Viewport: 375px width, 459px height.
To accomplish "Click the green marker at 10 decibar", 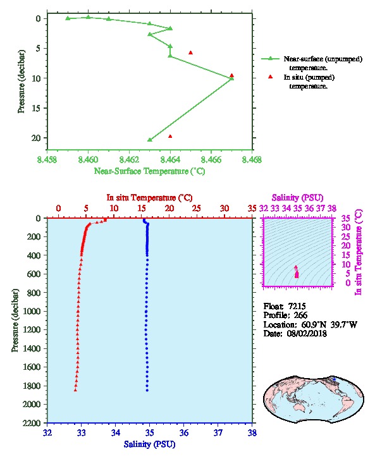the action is pyautogui.click(x=231, y=78).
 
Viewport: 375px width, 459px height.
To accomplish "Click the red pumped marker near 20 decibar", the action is pyautogui.click(x=170, y=137).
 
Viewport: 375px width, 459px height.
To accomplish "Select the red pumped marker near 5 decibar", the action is pyautogui.click(x=190, y=52).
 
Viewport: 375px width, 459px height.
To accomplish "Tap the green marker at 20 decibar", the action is pyautogui.click(x=150, y=140).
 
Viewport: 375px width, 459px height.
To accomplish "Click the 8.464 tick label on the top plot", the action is pyautogui.click(x=170, y=159).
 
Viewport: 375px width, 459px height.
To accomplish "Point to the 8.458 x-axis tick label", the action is pyautogui.click(x=47, y=159).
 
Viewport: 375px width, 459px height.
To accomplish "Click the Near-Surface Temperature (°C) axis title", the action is pyautogui.click(x=149, y=171).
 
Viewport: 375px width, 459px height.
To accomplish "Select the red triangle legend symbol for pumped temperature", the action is pyautogui.click(x=270, y=76).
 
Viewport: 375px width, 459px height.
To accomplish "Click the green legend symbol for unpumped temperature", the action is pyautogui.click(x=270, y=59).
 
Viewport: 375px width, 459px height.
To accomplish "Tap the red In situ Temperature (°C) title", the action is pyautogui.click(x=149, y=198).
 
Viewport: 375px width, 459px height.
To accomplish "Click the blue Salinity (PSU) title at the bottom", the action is pyautogui.click(x=149, y=444).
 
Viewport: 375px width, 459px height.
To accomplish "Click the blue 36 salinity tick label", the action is pyautogui.click(x=184, y=432).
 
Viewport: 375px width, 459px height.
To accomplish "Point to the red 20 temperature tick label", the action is pyautogui.click(x=169, y=209).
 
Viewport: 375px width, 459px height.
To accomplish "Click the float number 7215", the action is pyautogui.click(x=297, y=306).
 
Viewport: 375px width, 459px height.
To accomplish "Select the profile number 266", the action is pyautogui.click(x=300, y=315).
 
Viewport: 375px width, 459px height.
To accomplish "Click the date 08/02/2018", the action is pyautogui.click(x=307, y=333).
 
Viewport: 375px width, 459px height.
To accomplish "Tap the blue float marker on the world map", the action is pyautogui.click(x=334, y=379).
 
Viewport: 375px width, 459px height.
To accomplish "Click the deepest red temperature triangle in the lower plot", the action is pyautogui.click(x=75, y=390).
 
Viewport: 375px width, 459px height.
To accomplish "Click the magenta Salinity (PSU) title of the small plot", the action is pyautogui.click(x=297, y=198).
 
